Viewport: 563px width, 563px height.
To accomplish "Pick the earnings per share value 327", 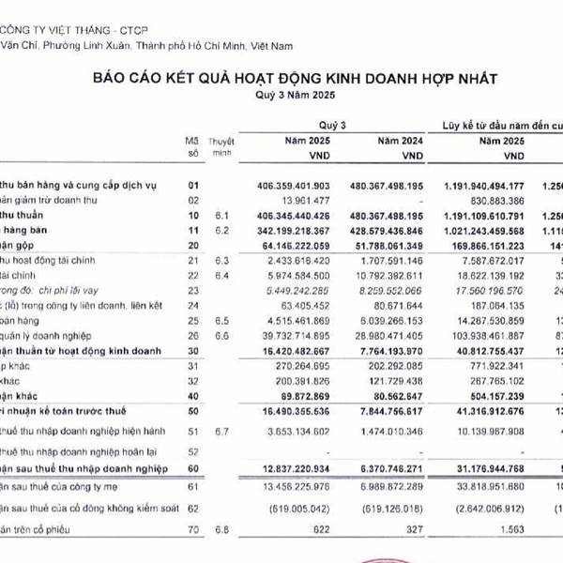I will (x=418, y=531).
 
